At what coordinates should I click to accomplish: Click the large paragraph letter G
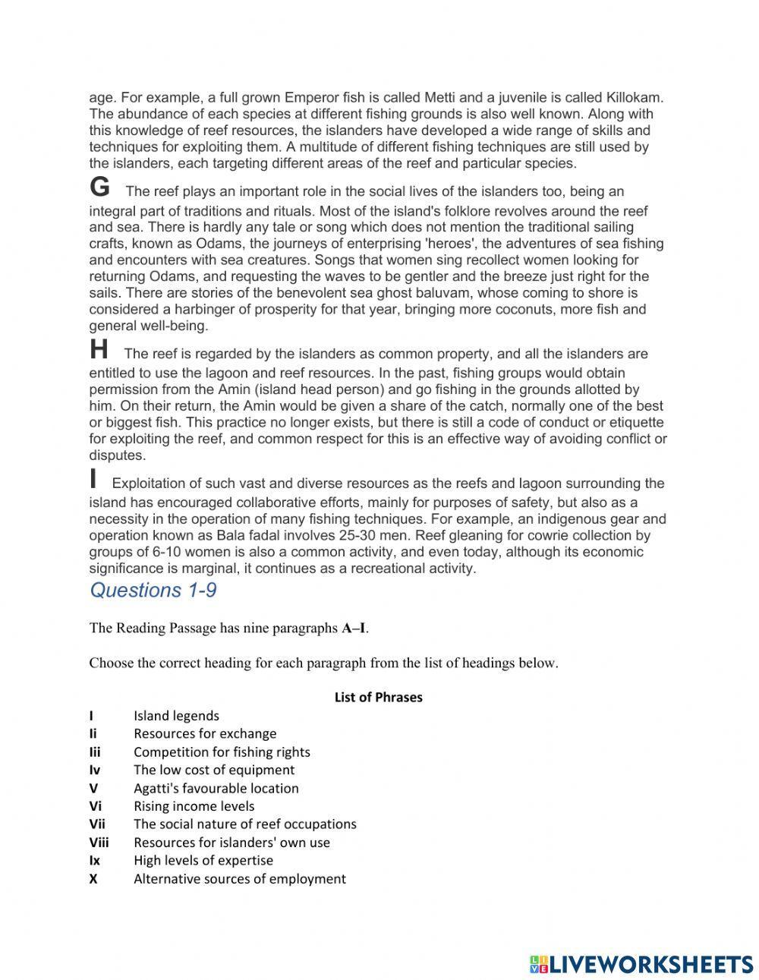tap(99, 187)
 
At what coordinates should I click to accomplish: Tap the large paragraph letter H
tap(99, 350)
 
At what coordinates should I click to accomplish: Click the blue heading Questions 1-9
tap(153, 591)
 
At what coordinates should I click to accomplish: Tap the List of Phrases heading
tap(378, 697)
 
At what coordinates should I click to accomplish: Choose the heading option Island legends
tap(176, 716)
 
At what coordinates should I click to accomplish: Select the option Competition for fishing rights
tap(222, 752)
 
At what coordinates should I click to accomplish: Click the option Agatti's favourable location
tap(216, 789)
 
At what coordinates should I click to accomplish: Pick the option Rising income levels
tap(194, 806)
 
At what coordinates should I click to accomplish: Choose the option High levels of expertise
tap(203, 861)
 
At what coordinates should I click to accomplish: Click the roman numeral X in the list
tap(93, 879)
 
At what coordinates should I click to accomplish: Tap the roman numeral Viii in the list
tap(99, 843)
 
